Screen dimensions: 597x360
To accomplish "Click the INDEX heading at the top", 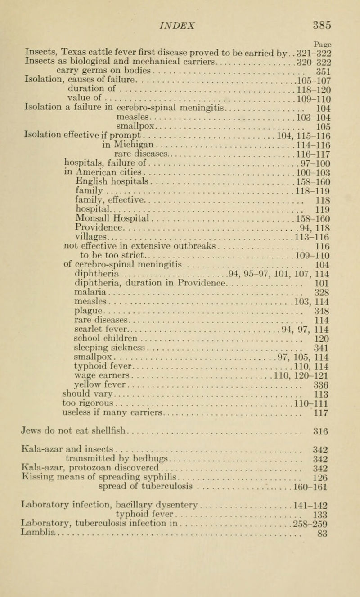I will coord(180,9).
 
